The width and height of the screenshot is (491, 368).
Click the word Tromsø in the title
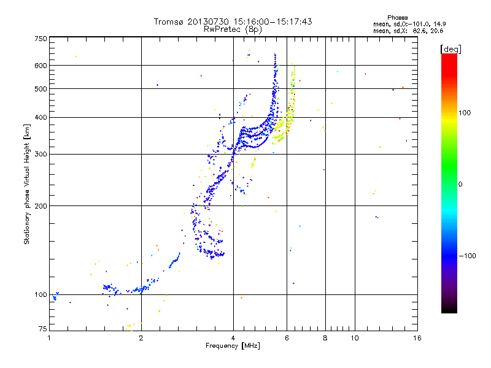pos(169,21)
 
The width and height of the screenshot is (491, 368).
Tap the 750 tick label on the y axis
pos(41,38)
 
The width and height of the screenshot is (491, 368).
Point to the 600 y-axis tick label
pos(41,65)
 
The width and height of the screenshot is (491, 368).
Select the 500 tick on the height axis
pos(41,88)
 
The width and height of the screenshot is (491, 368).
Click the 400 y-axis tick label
pos(41,117)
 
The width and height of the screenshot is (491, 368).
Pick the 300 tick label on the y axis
pos(41,154)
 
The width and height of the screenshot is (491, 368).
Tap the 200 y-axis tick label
pos(41,205)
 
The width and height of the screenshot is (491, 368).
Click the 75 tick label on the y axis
pos(42,330)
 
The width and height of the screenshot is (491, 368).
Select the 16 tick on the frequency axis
pos(417,338)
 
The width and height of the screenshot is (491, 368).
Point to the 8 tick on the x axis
pos(325,338)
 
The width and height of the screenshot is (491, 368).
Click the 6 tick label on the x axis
pos(287,338)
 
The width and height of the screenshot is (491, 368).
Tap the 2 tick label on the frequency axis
pos(141,338)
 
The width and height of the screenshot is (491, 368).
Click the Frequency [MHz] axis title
pos(233,346)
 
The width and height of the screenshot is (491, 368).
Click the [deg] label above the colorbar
pos(451,48)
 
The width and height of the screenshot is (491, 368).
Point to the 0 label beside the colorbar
pos(462,184)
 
